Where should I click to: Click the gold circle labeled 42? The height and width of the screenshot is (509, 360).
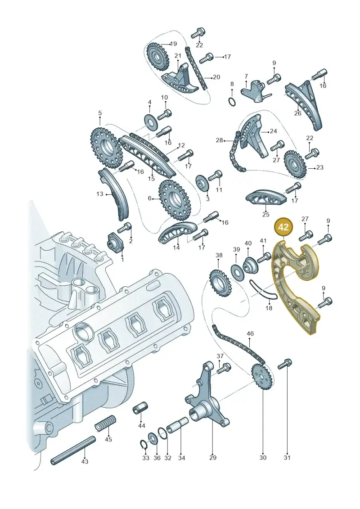(283, 227)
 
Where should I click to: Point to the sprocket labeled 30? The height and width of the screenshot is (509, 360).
(261, 377)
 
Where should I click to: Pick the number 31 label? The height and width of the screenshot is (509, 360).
(287, 458)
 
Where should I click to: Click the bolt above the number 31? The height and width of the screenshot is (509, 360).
(285, 364)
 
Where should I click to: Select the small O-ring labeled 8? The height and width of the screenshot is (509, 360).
(232, 102)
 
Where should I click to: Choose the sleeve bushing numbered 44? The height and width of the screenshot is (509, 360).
(140, 408)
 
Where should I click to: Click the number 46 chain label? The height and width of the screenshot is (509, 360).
(250, 333)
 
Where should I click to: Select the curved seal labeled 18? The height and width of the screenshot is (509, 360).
(264, 290)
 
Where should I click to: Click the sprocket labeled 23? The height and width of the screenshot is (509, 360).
(295, 164)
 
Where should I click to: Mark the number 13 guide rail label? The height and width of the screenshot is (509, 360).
(99, 194)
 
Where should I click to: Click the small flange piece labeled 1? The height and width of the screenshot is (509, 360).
(116, 242)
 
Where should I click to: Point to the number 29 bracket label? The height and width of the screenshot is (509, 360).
(212, 458)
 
